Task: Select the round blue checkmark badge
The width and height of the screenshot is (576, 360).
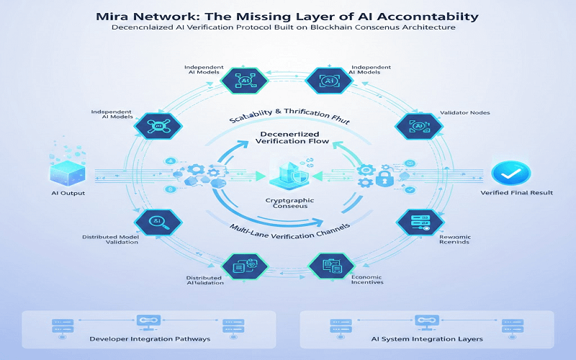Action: [x=510, y=173]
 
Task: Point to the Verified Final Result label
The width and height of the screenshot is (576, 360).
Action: [x=516, y=194]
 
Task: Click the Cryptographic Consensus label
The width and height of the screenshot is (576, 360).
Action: [x=287, y=202]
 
